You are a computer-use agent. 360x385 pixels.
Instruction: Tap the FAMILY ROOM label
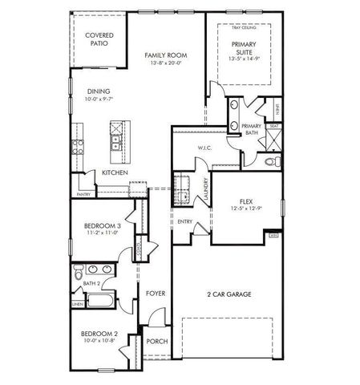pyautogui.click(x=166, y=55)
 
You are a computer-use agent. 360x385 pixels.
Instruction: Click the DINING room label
pyautogui.click(x=99, y=91)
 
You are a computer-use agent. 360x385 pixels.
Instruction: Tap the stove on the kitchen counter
pyautogui.click(x=79, y=146)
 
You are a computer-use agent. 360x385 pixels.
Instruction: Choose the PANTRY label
pyautogui.click(x=83, y=194)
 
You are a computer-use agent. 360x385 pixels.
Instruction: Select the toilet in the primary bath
pyautogui.click(x=271, y=161)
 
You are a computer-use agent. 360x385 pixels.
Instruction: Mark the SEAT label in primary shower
pyautogui.click(x=274, y=126)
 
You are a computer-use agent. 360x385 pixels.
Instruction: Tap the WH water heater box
pyautogui.click(x=274, y=236)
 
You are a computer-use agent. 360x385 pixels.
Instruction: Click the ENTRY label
pyautogui.click(x=184, y=221)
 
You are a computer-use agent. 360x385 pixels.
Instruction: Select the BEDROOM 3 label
pyautogui.click(x=103, y=226)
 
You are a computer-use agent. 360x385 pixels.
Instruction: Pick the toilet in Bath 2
pyautogui.click(x=78, y=277)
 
